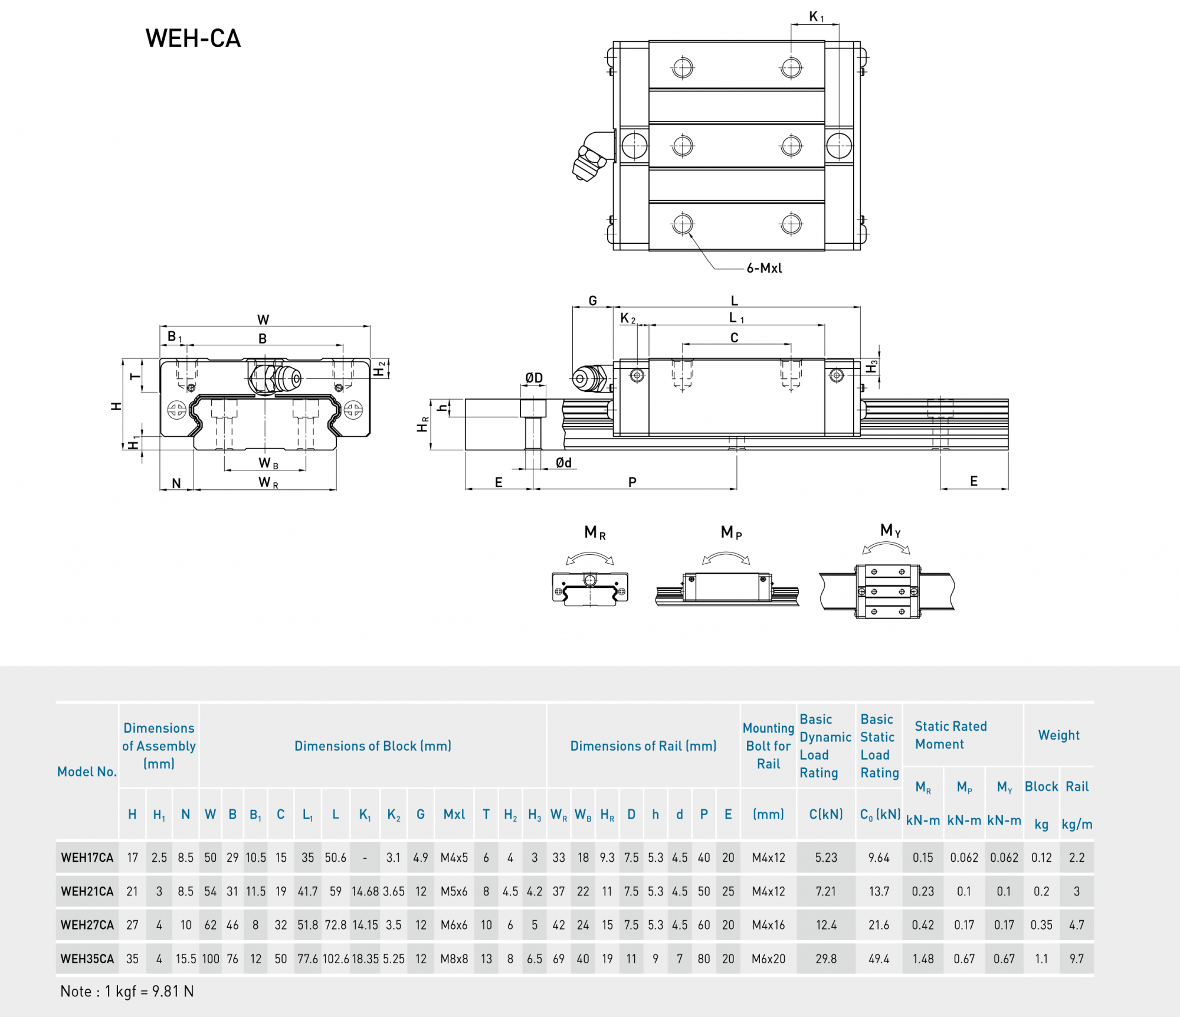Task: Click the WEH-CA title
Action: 193,39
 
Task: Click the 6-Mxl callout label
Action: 764,268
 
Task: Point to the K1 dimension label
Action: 816,17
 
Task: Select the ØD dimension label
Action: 534,378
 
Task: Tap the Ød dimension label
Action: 563,463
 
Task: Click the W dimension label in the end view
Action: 263,319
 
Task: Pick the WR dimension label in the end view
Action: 268,483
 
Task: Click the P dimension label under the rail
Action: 632,482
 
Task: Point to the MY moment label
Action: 890,530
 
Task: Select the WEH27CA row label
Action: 87,925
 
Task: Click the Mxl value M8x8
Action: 454,959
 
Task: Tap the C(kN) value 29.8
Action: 826,959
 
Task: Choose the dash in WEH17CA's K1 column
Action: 365,858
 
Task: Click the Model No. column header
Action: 87,771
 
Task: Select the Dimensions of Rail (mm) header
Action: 643,746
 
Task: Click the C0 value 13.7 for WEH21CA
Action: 879,891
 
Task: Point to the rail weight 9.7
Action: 1076,959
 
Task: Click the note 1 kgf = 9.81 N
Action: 127,992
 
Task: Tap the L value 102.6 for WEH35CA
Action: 336,959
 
